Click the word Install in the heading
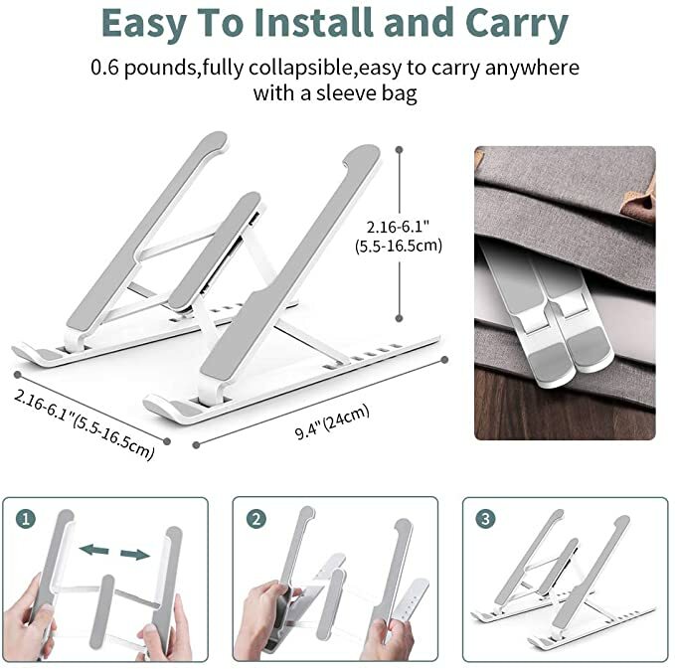click(313, 23)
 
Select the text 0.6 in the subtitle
click(104, 68)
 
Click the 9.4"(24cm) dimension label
click(332, 421)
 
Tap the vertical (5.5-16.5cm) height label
click(399, 247)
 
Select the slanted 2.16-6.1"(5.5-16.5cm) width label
click(84, 424)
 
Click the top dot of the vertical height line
click(400, 150)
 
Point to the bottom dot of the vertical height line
click(399, 318)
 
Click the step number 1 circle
click(26, 519)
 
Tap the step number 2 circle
click(256, 519)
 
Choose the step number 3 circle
click(485, 519)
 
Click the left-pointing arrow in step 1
click(94, 550)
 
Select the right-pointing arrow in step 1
click(135, 555)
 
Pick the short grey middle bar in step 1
click(101, 611)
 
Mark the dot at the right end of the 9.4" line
click(445, 360)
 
